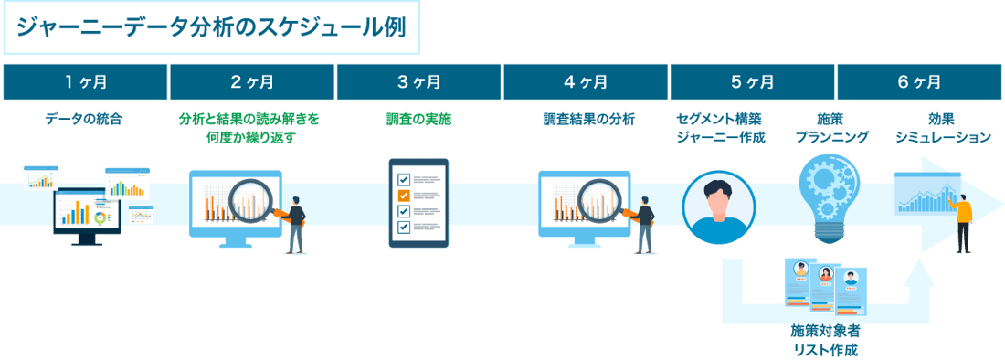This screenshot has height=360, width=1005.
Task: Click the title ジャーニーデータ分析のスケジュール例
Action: pyautogui.click(x=211, y=26)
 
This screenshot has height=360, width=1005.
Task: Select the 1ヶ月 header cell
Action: pyautogui.click(x=85, y=82)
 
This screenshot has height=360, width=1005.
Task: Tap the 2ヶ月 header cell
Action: pyautogui.click(x=251, y=82)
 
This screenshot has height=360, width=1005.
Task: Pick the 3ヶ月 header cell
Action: pyautogui.click(x=418, y=82)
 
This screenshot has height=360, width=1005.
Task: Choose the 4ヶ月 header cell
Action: pyautogui.click(x=585, y=82)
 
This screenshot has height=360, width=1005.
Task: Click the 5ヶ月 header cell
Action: pyautogui.click(x=752, y=82)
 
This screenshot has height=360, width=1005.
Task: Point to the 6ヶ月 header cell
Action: pyautogui.click(x=919, y=82)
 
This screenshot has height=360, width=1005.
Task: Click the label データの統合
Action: pyautogui.click(x=84, y=119)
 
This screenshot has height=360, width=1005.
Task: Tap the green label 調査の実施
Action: pyautogui.click(x=418, y=119)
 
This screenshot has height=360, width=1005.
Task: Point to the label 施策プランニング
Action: pyautogui.click(x=825, y=128)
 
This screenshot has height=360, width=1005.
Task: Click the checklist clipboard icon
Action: pyautogui.click(x=418, y=202)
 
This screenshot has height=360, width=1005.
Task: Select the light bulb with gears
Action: pyautogui.click(x=825, y=197)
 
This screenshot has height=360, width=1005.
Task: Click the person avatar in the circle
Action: pyautogui.click(x=719, y=206)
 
